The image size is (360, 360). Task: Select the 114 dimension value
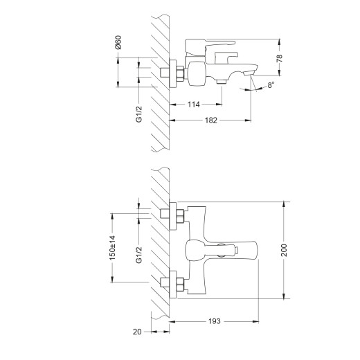[x=195, y=105]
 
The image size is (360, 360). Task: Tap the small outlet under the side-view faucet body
[x=221, y=82]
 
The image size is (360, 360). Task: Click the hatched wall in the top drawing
[x=160, y=83]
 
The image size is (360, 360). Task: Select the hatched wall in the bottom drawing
[x=160, y=249]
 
